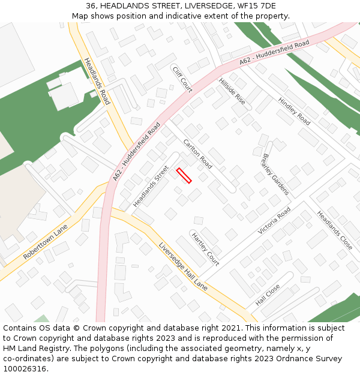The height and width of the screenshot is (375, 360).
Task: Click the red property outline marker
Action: coord(184,176)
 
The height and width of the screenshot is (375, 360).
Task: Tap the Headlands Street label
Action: coord(151,187)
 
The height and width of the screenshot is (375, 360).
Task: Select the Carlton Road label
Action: coord(197,154)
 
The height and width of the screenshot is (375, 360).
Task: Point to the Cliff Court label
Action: coord(182,79)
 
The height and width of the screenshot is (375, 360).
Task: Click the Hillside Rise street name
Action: coord(232,91)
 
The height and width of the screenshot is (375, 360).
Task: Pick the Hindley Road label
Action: coord(294,111)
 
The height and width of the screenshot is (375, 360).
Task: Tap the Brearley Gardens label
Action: coord(275,174)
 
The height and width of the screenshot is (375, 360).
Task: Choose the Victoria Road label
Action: coord(274,221)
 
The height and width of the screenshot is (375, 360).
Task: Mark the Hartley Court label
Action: coord(205,249)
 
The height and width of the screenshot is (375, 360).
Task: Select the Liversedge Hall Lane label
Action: coord(183,266)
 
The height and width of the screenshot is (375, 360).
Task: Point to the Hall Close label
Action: coord(268,295)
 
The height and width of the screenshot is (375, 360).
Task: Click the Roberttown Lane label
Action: coord(46,242)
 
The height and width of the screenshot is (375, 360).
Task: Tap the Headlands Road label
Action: coord(97,81)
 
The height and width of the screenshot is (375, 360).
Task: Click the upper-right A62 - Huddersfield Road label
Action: coord(274,53)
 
